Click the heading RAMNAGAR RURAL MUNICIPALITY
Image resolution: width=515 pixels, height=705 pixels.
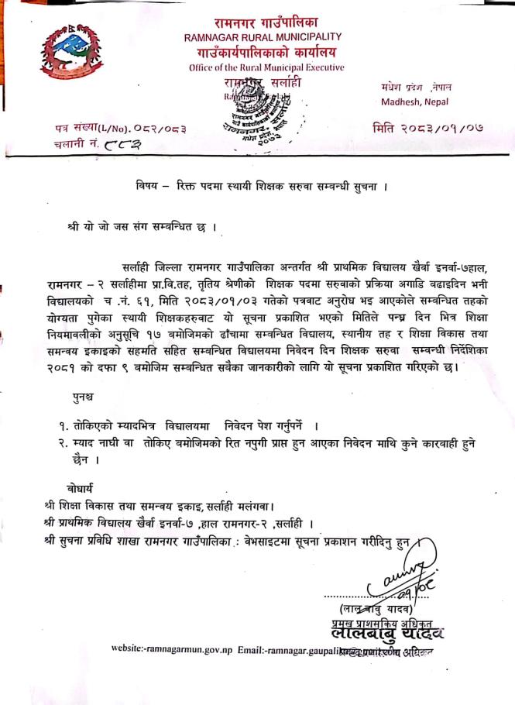[263, 37]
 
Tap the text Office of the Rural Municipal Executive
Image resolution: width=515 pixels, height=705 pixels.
[266, 67]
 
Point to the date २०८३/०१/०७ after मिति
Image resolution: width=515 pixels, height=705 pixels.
[441, 127]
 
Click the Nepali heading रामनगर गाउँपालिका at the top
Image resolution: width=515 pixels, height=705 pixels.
[263, 22]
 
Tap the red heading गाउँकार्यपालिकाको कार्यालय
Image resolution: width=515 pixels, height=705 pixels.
[263, 52]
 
